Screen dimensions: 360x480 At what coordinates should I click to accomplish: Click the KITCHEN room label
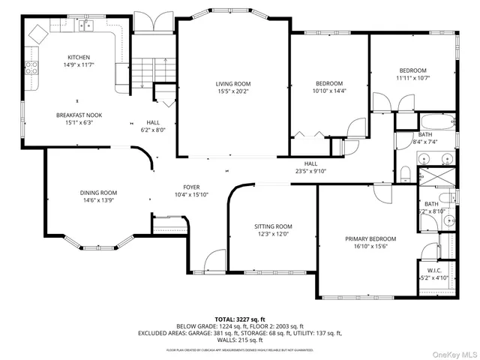(79, 58)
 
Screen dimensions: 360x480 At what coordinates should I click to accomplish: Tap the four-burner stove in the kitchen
(31, 68)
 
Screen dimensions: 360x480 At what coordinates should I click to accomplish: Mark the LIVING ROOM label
(233, 84)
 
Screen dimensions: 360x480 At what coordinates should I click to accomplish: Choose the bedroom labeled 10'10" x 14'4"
(329, 91)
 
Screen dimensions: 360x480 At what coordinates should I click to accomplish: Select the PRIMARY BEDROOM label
(370, 239)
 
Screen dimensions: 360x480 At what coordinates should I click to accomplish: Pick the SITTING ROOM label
(273, 226)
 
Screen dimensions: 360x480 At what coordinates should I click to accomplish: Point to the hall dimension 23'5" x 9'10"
(310, 170)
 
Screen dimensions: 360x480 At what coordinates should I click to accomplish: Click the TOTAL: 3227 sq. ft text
(240, 319)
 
